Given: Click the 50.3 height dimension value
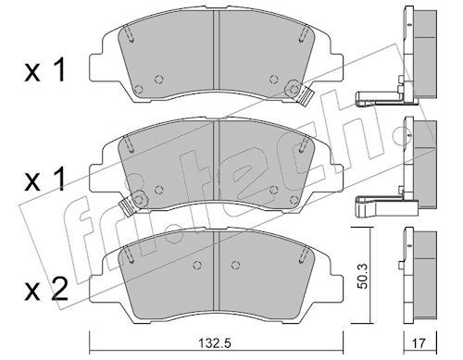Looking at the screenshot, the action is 363,276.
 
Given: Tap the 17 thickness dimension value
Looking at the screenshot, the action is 419,343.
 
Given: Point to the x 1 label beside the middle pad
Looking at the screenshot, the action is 45,179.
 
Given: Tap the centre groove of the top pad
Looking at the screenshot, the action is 216,54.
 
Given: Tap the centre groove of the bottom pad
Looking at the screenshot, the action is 216,271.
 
